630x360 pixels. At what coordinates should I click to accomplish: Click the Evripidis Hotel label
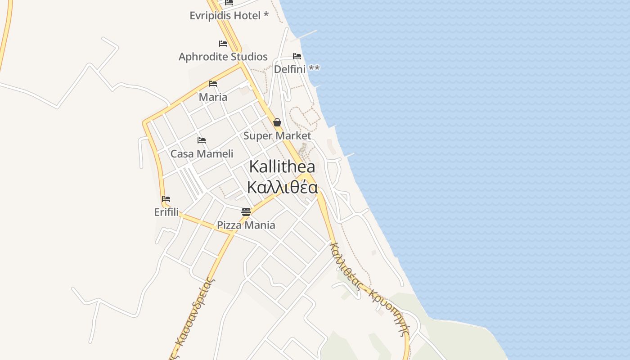(x=229, y=15)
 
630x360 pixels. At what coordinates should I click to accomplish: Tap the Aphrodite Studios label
(x=223, y=57)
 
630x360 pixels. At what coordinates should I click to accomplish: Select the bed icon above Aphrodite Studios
(x=223, y=44)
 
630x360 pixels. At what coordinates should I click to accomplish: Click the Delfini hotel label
(x=297, y=69)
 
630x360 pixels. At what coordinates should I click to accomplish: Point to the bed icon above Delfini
(x=297, y=56)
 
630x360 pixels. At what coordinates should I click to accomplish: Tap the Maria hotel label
(x=213, y=97)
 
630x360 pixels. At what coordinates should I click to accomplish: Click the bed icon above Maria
(x=213, y=84)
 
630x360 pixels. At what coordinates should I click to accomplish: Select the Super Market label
(x=277, y=135)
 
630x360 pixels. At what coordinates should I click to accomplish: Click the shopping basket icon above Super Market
(x=277, y=122)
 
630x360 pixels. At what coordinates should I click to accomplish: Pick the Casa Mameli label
(x=202, y=153)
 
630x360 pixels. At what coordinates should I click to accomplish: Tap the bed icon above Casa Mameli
(x=202, y=140)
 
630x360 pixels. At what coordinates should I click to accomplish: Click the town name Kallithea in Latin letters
(x=282, y=166)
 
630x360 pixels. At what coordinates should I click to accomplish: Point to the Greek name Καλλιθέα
(x=282, y=187)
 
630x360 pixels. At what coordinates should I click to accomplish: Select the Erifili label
(x=166, y=212)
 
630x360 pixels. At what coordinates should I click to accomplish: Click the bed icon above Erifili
(x=166, y=199)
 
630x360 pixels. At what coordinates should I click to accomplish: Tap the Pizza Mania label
(x=246, y=225)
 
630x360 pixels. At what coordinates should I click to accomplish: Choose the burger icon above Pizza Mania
(x=246, y=211)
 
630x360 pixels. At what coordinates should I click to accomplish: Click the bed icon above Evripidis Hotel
(x=229, y=2)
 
